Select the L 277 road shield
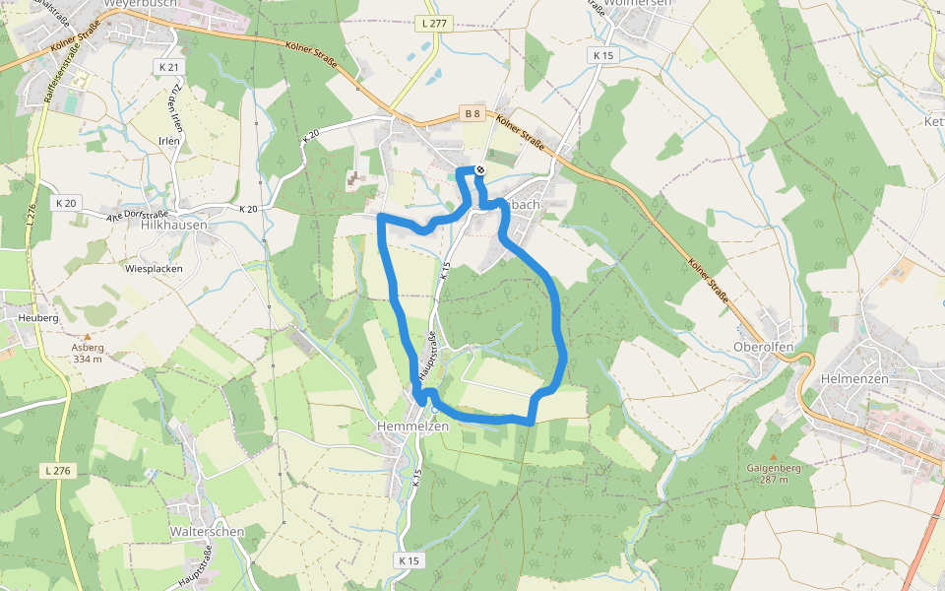tap(434, 23)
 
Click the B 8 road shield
tap(472, 114)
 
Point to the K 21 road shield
tap(168, 67)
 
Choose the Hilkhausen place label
tap(174, 225)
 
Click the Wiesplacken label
tap(154, 268)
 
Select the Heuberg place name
tap(38, 318)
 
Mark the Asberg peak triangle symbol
tap(87, 337)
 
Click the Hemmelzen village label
tap(412, 427)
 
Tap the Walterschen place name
tap(207, 532)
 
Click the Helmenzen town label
tap(853, 379)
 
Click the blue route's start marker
tap(479, 170)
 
